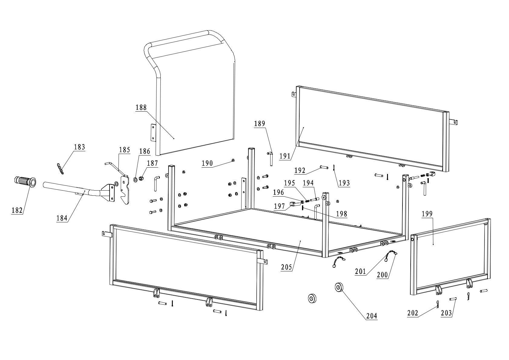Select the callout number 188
[x=141, y=107]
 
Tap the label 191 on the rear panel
[x=285, y=156]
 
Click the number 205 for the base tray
[x=286, y=267]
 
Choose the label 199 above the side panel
[x=427, y=214]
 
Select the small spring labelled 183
[x=60, y=169]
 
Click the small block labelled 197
[x=292, y=204]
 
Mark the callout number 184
[x=62, y=218]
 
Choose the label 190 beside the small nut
[x=208, y=164]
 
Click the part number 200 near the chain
[x=382, y=275]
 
